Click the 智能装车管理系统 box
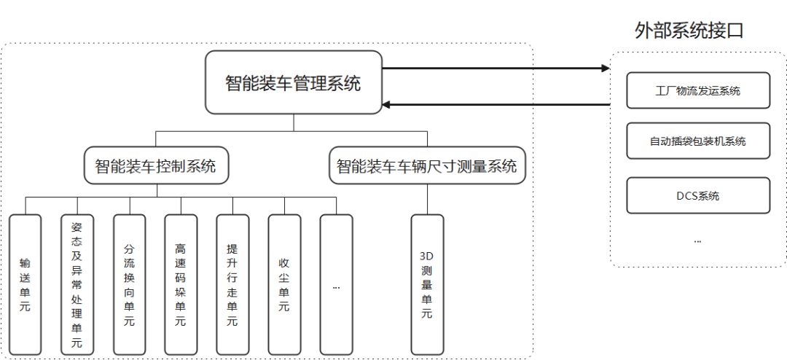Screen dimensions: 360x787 coord(293,82)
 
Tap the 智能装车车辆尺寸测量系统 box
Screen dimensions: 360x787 coord(426,166)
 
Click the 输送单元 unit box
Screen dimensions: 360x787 coord(26,284)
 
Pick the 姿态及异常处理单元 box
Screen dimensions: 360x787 coord(77,284)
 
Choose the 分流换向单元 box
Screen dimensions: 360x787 coord(129,284)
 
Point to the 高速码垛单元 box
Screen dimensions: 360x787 coord(180,284)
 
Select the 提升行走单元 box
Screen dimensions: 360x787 coord(232,284)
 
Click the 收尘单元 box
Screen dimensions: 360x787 coord(284,284)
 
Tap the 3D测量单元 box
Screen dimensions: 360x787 coord(427,284)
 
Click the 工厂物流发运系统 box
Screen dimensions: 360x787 coord(697,91)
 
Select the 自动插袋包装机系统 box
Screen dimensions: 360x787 coord(697,141)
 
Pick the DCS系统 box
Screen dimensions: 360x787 coord(697,195)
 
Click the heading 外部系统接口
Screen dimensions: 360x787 coord(689,30)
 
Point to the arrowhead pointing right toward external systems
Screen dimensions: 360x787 coord(605,69)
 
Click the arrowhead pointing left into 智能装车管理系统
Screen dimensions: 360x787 coord(387,104)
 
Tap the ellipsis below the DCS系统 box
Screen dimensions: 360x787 coord(697,239)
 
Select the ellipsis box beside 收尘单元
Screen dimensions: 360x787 coord(336,284)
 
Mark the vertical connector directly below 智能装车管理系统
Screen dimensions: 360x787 coord(293,122)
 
